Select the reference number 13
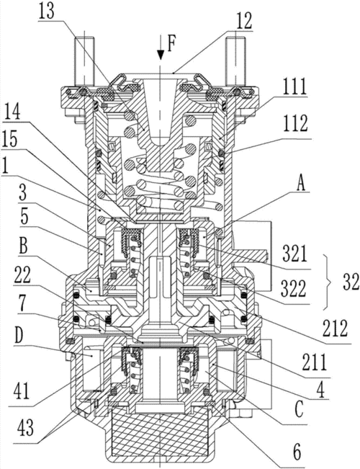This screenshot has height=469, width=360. click(46, 12)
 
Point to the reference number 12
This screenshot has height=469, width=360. click(244, 21)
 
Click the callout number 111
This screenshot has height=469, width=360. click(295, 86)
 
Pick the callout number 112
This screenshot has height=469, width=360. click(296, 122)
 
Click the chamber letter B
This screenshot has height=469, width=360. click(24, 246)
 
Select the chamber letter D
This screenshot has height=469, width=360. click(19, 337)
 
